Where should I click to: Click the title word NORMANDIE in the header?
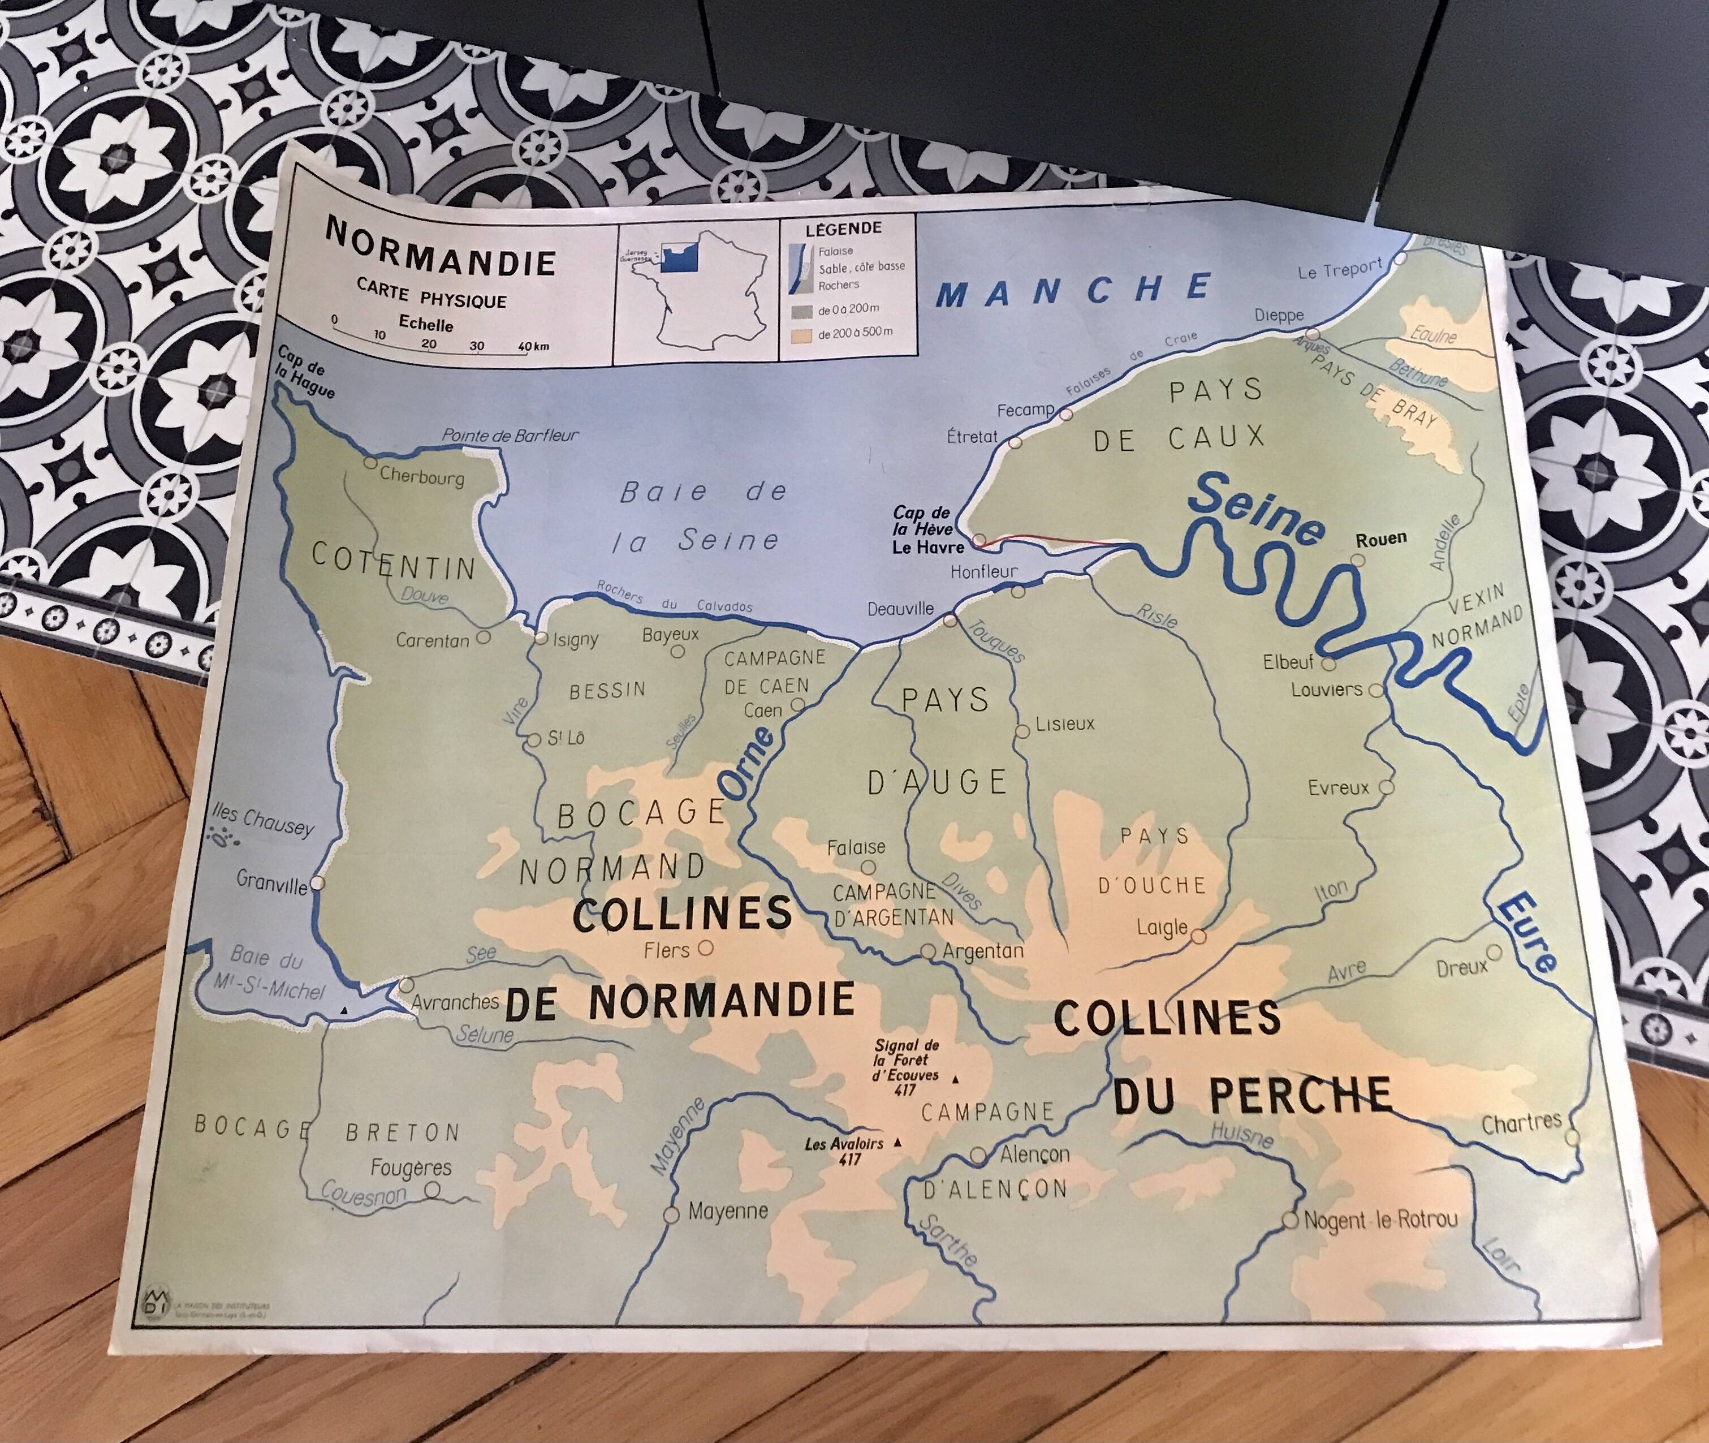pyautogui.click(x=440, y=249)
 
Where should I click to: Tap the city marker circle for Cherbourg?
pyautogui.click(x=370, y=463)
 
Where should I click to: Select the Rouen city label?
pyautogui.click(x=1381, y=539)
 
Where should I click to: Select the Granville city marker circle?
pyautogui.click(x=317, y=882)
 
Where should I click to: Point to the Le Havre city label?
pyautogui.click(x=928, y=547)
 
